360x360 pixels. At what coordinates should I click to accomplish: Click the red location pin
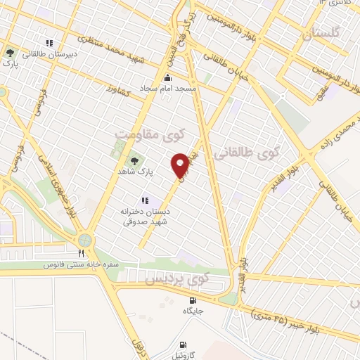tap(181, 164)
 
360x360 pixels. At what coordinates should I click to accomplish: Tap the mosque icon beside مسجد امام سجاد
tap(167, 79)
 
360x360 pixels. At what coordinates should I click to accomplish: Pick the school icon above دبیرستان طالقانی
tap(49, 41)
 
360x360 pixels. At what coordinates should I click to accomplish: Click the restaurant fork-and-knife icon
tap(82, 253)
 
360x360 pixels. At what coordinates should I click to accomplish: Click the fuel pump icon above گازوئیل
tap(184, 345)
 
